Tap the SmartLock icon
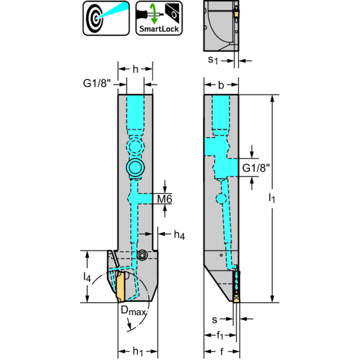coord(159,18)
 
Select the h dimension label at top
coord(135,69)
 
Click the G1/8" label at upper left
coord(97,84)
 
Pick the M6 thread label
coord(164,199)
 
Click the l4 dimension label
coord(87,277)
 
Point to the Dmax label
coord(134,310)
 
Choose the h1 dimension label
coord(137,351)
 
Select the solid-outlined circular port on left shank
coord(136,168)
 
